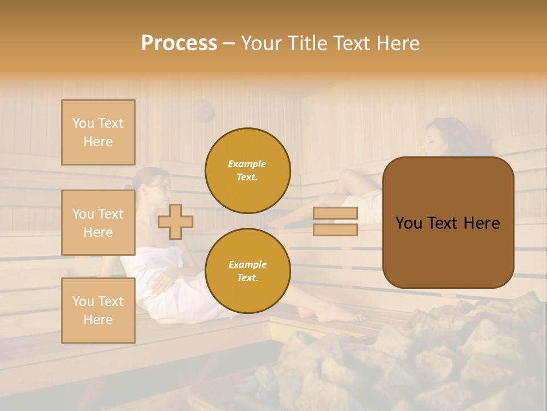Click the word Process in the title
pos(179,43)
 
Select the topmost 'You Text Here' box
pos(98,132)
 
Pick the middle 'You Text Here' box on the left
pos(98,223)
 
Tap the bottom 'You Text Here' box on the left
pos(98,310)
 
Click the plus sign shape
pos(175,221)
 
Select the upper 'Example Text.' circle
pos(247,171)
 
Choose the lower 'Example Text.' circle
pos(247,271)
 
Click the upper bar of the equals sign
pos(335,213)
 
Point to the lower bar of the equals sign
pos(335,229)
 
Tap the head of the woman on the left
pos(153,186)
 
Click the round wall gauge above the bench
pos(203,110)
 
